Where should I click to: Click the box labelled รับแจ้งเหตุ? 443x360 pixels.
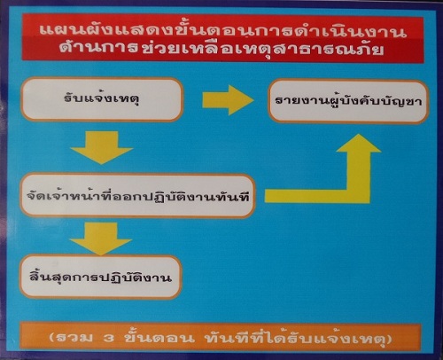102,99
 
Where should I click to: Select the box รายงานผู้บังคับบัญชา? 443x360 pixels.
348,101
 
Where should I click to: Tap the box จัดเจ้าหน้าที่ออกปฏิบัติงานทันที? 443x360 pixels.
137,196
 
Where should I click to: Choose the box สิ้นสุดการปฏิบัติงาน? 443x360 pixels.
100,278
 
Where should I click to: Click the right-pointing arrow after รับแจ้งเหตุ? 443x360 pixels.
228,100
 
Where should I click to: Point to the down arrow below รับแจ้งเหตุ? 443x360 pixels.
102,147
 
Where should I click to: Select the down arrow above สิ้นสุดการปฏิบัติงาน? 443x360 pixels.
101,239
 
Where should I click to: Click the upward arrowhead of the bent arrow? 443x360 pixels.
359,144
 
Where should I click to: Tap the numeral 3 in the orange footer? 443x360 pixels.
109,338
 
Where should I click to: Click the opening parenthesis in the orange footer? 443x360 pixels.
52,338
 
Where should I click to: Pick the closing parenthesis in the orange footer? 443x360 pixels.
389,339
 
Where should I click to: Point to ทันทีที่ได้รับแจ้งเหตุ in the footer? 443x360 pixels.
295,338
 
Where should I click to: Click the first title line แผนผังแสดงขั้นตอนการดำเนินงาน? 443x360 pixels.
223,31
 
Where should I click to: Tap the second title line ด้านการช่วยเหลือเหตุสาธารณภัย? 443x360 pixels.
221,49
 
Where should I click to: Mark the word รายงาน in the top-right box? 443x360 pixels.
301,101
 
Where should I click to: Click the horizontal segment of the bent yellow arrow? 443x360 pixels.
317,196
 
